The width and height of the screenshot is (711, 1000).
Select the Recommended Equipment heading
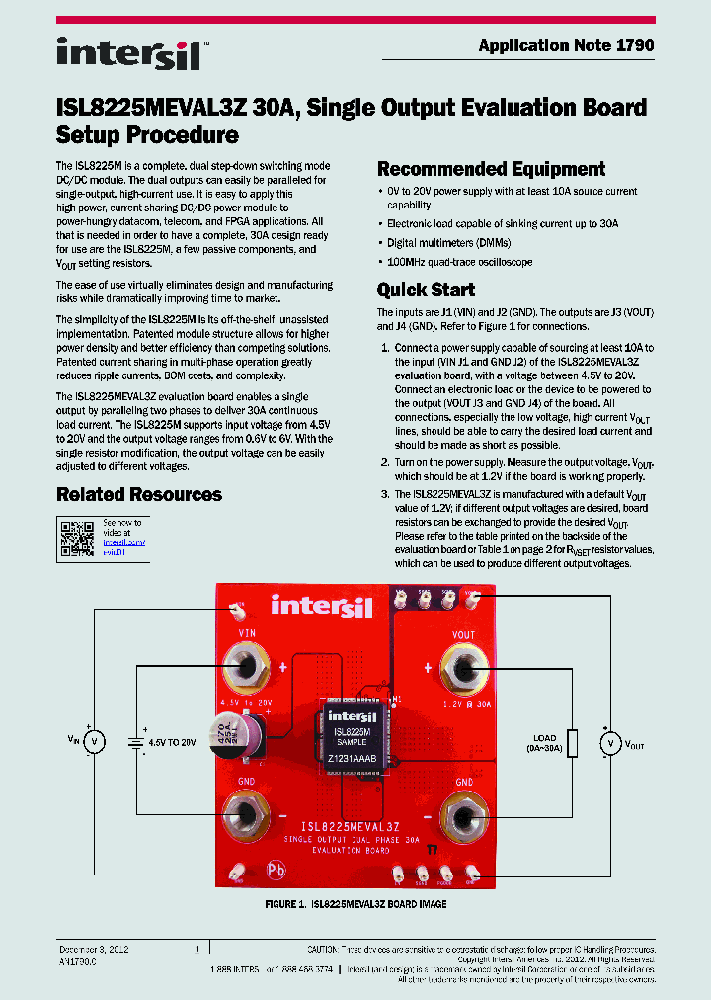pyautogui.click(x=491, y=169)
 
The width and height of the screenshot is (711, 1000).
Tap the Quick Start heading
pyautogui.click(x=426, y=290)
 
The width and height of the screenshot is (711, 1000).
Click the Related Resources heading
pyautogui.click(x=138, y=494)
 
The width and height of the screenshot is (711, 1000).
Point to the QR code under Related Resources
pyautogui.click(x=77, y=537)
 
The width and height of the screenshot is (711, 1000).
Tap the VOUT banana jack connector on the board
pyautogui.click(x=462, y=671)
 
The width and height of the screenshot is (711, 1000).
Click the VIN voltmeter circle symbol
pyautogui.click(x=95, y=741)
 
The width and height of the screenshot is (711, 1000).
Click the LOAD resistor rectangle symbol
pyautogui.click(x=572, y=742)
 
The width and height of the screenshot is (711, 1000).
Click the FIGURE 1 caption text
pyautogui.click(x=355, y=904)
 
